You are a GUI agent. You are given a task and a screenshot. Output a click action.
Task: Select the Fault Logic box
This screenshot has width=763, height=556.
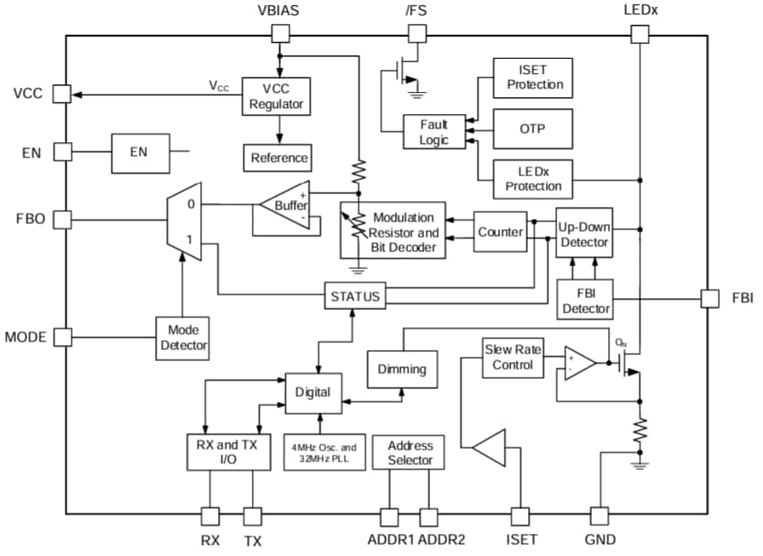tap(433, 132)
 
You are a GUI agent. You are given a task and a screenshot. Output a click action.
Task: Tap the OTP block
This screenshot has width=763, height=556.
tap(533, 129)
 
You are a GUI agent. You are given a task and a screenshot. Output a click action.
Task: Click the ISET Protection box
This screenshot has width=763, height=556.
tap(533, 78)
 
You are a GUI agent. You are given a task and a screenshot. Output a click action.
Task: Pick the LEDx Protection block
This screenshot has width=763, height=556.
tap(533, 180)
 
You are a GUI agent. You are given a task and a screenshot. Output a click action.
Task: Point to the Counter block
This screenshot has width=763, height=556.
tap(500, 232)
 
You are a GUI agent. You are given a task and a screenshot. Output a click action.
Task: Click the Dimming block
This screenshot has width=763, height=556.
tap(401, 370)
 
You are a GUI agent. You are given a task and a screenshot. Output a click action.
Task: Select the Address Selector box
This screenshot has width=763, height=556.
tap(410, 452)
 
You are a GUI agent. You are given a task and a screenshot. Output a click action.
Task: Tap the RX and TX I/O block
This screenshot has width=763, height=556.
tap(227, 451)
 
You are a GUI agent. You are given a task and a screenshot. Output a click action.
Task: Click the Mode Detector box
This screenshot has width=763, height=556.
tap(182, 337)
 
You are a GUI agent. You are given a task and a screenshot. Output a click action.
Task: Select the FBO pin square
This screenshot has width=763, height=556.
tap(61, 220)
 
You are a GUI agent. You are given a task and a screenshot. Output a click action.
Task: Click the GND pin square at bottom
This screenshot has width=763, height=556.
tap(599, 515)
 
